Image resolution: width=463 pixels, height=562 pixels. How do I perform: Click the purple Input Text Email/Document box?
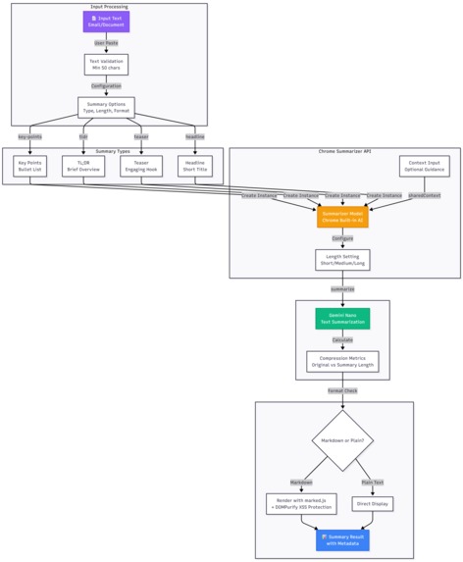106,22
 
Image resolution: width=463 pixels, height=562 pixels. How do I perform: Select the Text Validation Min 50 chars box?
106,65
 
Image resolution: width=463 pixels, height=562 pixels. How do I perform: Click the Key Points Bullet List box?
29,166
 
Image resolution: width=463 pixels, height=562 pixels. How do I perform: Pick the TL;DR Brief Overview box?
82,166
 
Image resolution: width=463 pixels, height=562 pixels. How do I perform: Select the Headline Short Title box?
194,166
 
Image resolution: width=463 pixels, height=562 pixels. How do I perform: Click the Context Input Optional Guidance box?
424,166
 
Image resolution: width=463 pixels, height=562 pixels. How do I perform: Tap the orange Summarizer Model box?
342,217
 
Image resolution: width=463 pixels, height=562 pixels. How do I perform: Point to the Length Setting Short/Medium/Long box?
342,260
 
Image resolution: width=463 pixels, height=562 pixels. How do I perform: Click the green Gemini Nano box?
342,318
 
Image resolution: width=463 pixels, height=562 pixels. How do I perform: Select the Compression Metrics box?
342,362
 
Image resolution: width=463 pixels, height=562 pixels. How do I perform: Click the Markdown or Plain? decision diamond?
342,440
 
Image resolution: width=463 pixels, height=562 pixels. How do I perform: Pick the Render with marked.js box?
301,504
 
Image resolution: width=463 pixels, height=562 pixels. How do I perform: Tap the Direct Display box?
373,504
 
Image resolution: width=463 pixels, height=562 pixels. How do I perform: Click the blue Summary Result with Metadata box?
343,539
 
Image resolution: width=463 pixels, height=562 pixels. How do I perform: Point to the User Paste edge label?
106,43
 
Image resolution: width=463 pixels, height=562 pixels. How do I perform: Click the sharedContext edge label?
424,195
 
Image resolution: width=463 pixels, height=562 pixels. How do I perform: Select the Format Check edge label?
342,390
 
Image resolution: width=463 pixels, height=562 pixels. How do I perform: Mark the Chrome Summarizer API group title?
344,152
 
